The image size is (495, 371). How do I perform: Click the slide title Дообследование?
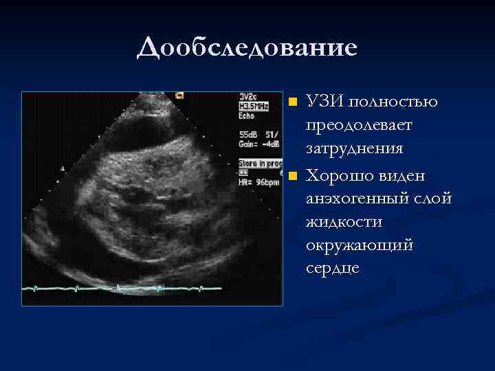(x=247, y=47)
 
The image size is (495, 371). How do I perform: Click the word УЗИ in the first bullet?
(x=325, y=102)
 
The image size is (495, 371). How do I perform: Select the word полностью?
(x=393, y=102)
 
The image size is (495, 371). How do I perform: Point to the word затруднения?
(x=355, y=148)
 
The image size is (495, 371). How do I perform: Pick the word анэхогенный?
(x=358, y=199)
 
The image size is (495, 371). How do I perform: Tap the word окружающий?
(x=360, y=245)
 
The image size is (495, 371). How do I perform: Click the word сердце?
(x=333, y=267)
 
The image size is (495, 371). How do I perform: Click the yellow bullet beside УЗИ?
(x=294, y=102)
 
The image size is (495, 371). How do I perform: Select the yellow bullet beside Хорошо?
(x=294, y=177)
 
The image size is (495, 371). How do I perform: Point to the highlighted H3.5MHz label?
(x=254, y=106)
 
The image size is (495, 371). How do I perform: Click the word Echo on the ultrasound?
(x=247, y=115)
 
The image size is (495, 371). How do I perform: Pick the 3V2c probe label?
(x=248, y=98)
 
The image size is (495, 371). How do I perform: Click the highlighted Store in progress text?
(x=260, y=163)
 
